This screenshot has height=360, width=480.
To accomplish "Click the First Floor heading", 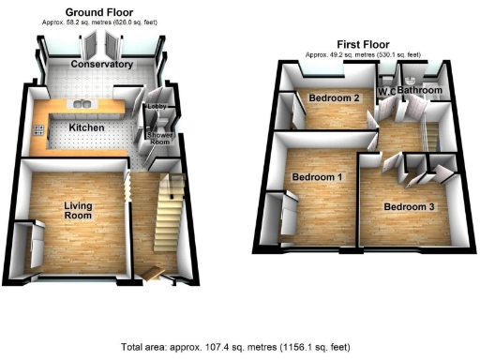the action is click(361, 45).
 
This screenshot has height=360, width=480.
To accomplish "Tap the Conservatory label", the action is click(101, 64).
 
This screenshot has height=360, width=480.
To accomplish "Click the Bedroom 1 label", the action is click(316, 177).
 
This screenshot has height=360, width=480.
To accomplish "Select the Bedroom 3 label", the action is click(410, 207).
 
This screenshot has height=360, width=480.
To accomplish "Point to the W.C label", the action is click(385, 90).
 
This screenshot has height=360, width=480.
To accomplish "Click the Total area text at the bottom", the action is click(239, 347).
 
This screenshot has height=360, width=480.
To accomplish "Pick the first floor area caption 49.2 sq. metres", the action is click(361, 54).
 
